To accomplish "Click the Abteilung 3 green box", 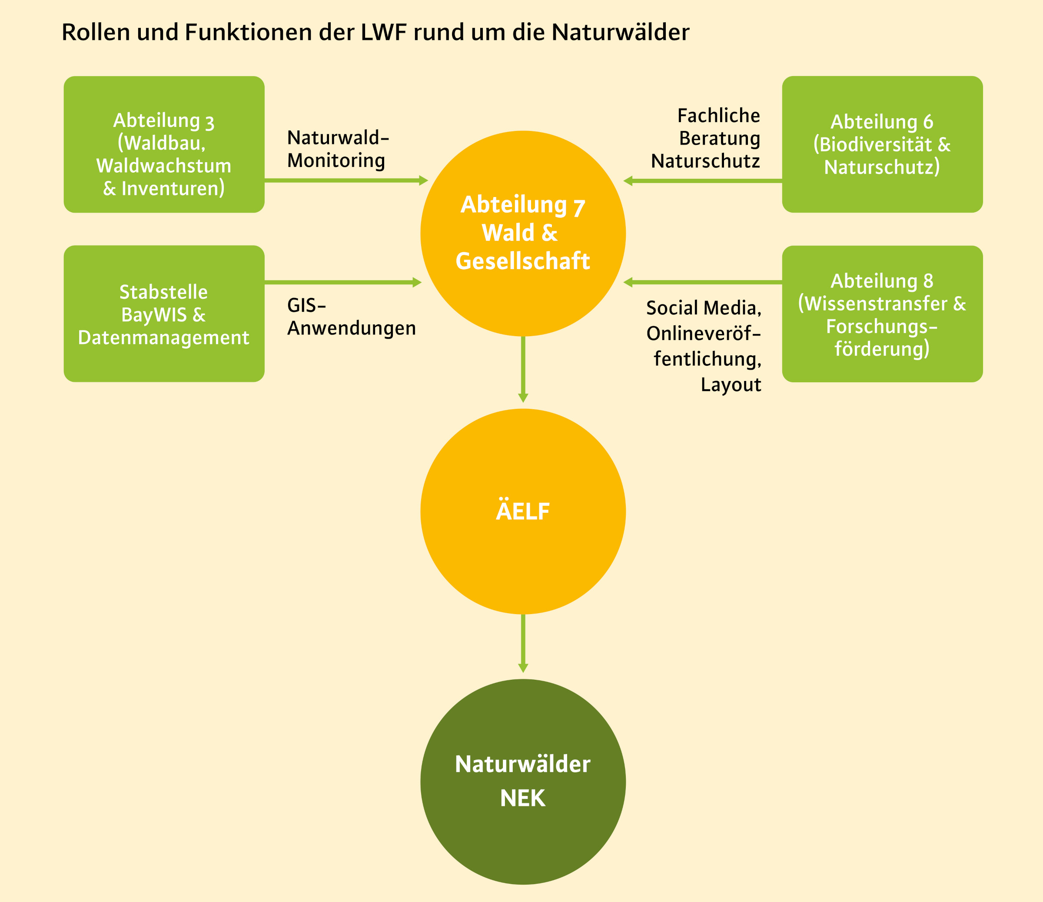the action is pos(164,144).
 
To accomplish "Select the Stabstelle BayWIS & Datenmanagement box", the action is pos(164,314).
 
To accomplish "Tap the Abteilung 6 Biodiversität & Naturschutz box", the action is pos(883,144).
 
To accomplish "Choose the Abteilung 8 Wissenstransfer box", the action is pos(883,314).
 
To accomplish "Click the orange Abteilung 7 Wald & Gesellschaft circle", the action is pos(523,234).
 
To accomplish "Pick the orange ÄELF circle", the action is pos(523,511).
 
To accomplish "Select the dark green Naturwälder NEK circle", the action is pos(523,782).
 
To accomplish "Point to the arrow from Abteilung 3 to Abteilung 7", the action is pos(346,180).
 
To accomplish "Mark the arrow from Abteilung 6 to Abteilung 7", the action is pos(703,181).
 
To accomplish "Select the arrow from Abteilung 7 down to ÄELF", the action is pos(523,370).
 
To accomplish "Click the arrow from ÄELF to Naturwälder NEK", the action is pos(523,644).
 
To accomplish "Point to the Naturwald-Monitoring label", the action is pos(338,149).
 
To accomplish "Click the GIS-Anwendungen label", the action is pos(351,317).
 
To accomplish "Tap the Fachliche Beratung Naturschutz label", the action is pos(705,138).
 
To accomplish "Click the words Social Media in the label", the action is pos(704,308).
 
